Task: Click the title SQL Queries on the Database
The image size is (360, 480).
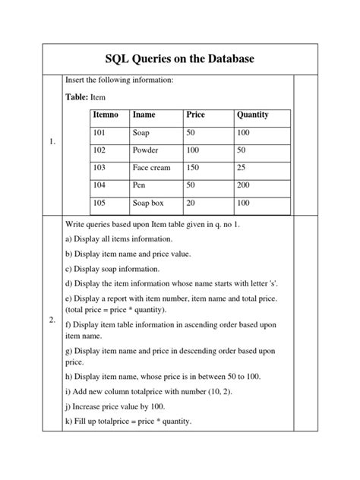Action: [x=180, y=59]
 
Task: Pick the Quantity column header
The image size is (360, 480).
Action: [x=253, y=115]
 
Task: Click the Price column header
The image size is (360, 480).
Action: [x=196, y=115]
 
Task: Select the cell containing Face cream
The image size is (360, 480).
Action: [x=152, y=168]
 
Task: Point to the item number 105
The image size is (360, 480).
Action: [x=100, y=203]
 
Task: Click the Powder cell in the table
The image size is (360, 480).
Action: [x=145, y=150]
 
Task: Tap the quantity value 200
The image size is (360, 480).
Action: [x=245, y=185]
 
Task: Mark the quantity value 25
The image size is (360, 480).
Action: [x=242, y=168]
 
